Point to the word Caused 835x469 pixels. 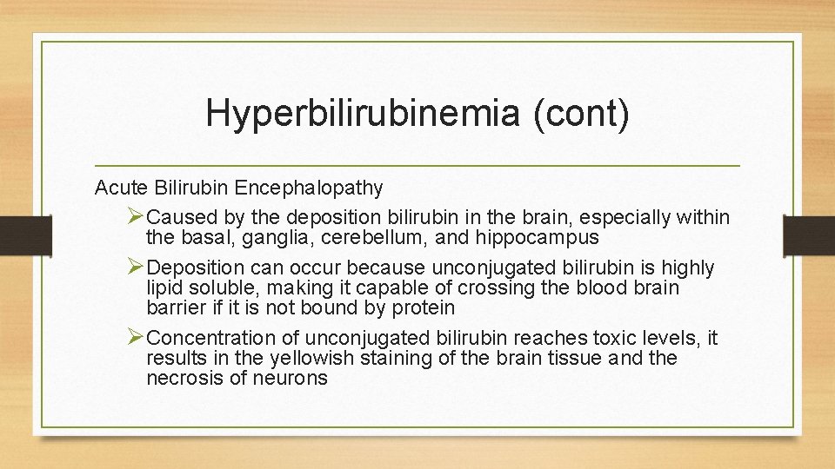click(x=178, y=216)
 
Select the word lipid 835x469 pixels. click(x=164, y=287)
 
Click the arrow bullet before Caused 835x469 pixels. click(x=135, y=215)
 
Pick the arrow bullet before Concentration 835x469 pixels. click(x=135, y=337)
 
